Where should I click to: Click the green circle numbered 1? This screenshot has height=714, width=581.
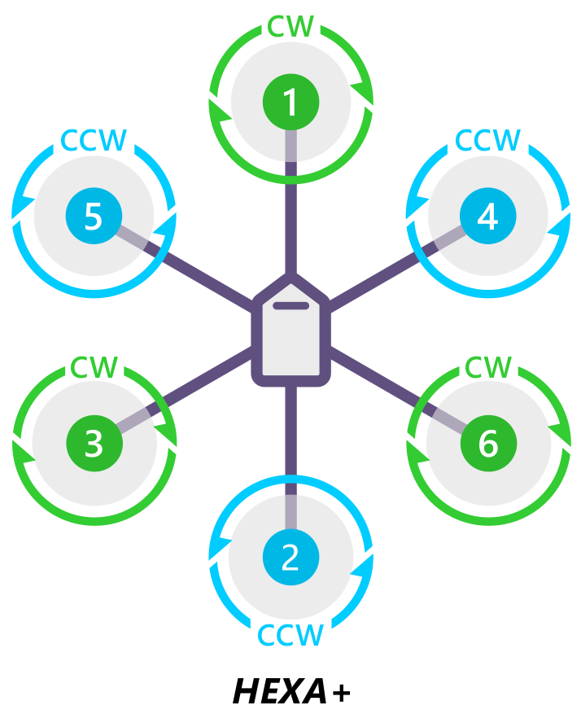pos(290,103)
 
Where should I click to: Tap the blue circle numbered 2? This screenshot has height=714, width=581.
pos(290,558)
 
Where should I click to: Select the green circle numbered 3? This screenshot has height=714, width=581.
pos(94,444)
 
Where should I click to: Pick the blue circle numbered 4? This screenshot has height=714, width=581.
pos(487,217)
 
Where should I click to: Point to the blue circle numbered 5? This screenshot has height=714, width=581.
pos(94,217)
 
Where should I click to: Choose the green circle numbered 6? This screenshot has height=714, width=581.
pos(487,444)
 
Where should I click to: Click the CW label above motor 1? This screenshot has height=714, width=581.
pos(290,27)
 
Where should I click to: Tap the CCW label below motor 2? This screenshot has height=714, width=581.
pos(290,634)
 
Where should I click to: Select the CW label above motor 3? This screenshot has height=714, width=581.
pos(94,367)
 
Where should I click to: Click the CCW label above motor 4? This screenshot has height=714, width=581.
pos(487,140)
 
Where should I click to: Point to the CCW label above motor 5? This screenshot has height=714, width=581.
pos(94,141)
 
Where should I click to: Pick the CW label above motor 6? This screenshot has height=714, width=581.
pos(487,367)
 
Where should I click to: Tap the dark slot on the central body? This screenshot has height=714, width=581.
pos(290,307)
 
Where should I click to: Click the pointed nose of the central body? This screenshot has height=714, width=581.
pos(290,282)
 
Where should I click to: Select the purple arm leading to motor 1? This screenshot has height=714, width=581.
pos(290,216)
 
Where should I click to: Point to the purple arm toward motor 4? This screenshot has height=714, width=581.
pos(374,281)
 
